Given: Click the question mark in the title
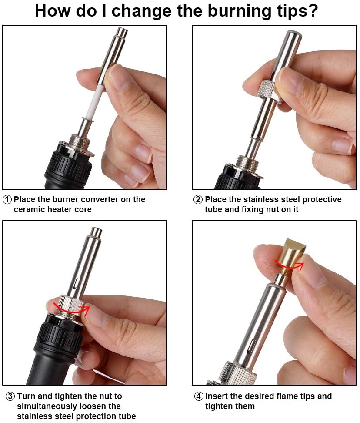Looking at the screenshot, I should [x=311, y=11].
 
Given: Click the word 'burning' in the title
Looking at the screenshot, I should [x=225, y=11].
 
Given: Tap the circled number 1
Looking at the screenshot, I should [x=7, y=200].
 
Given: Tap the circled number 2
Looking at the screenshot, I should [x=198, y=200].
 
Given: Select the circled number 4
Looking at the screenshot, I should [x=199, y=396].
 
